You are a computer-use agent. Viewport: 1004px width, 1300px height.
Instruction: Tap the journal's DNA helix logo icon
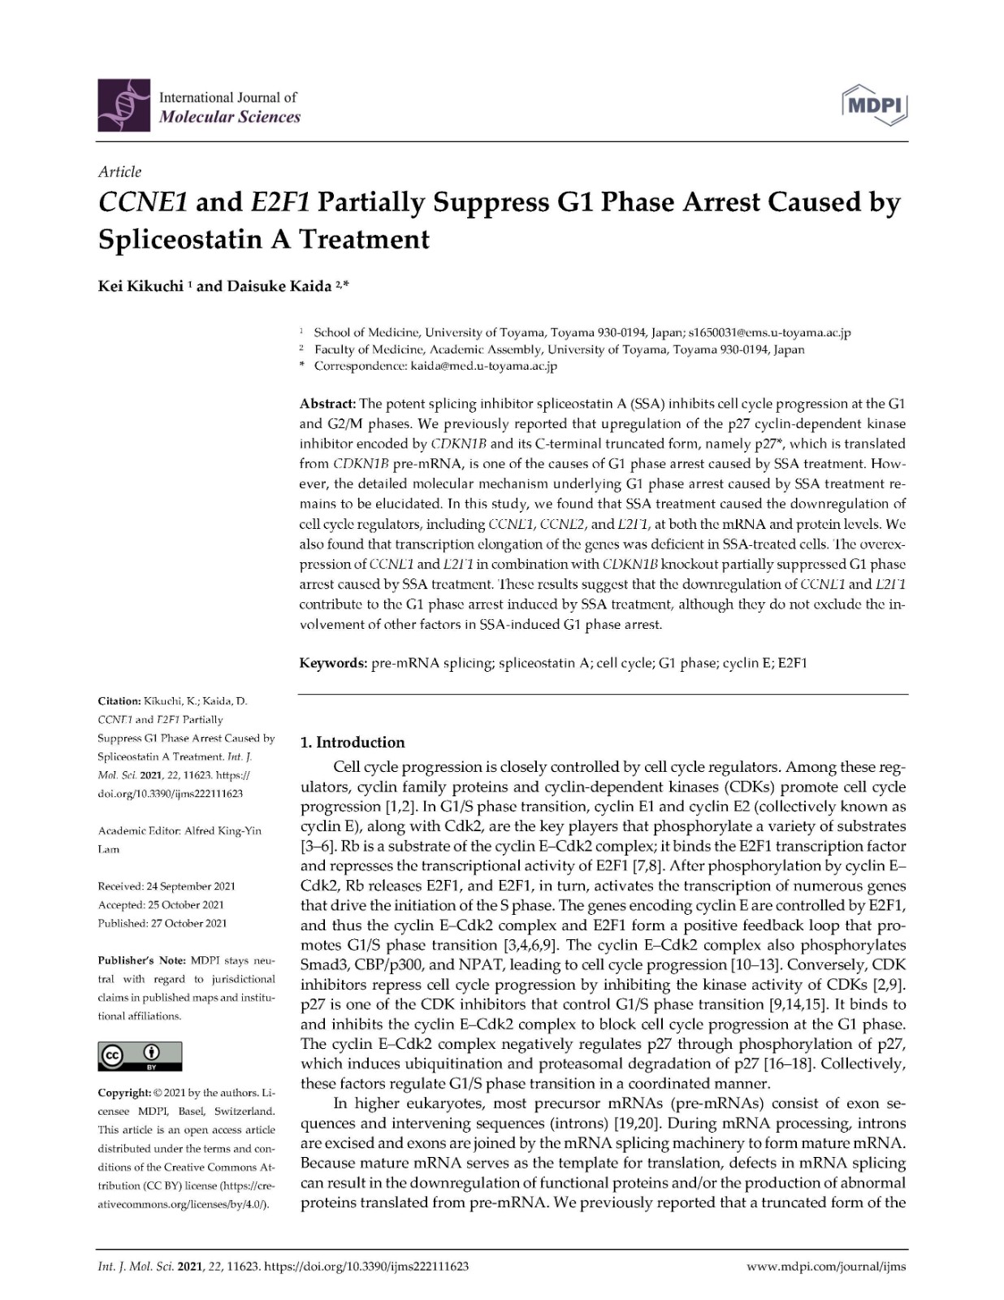click(x=124, y=106)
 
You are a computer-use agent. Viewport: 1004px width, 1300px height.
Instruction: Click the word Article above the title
click(x=119, y=171)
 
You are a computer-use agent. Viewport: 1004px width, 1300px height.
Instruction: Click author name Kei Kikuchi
click(x=140, y=287)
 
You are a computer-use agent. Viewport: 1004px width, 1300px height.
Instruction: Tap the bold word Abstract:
click(x=328, y=404)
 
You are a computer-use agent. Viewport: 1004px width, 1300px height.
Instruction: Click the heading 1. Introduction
click(x=353, y=742)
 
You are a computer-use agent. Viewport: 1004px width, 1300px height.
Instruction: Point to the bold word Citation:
click(x=119, y=700)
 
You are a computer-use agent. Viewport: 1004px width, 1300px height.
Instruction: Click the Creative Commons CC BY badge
click(x=140, y=1055)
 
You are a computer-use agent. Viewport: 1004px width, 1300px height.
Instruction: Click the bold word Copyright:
click(x=124, y=1093)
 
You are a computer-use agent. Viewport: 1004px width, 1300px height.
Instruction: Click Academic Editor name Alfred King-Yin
click(x=223, y=831)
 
